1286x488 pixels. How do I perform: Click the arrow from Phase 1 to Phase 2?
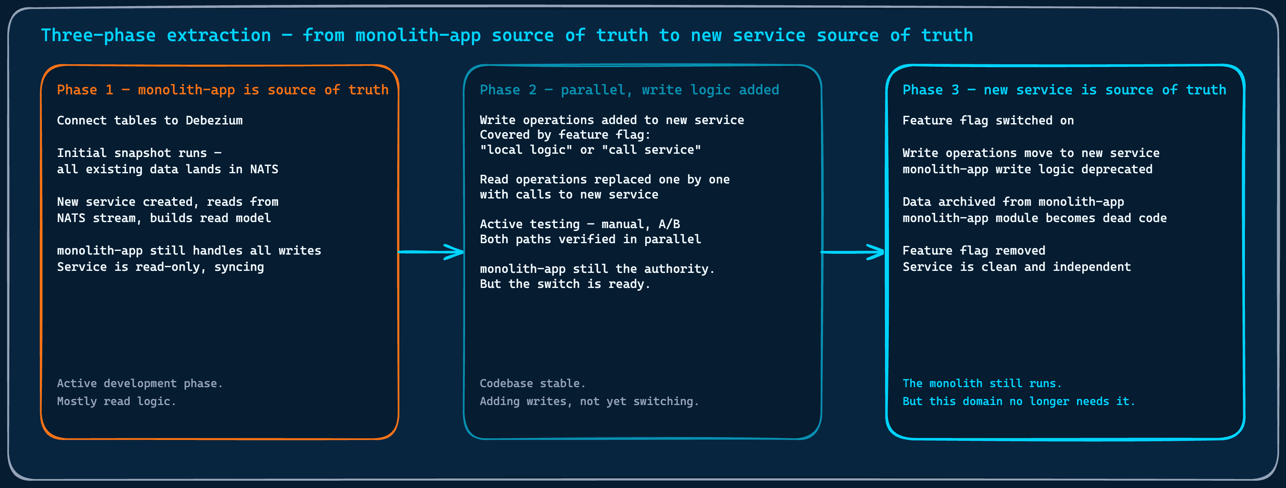(x=431, y=252)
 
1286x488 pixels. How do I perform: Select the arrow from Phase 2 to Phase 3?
(x=853, y=252)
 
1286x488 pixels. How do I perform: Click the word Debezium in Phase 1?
(x=214, y=120)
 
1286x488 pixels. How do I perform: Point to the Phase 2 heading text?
(x=629, y=90)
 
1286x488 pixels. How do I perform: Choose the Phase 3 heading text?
(x=1064, y=90)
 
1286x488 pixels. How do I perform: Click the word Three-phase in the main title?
(x=98, y=35)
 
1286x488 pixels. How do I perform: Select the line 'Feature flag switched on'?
(x=988, y=120)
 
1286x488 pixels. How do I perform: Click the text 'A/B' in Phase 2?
(x=669, y=224)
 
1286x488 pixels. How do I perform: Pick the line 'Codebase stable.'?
(x=532, y=383)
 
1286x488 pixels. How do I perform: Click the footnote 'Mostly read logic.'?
(x=116, y=401)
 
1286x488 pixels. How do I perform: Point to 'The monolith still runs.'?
(x=981, y=383)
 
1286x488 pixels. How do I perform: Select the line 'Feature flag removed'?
(x=973, y=250)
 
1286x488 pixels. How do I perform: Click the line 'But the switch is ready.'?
(x=565, y=284)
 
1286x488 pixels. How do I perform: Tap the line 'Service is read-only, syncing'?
(x=160, y=267)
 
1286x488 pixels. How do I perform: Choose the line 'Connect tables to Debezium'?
(x=150, y=120)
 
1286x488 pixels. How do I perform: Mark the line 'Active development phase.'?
(x=139, y=383)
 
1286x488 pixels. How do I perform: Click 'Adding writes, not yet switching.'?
(x=589, y=401)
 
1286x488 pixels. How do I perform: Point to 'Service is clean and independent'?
(x=1016, y=267)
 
